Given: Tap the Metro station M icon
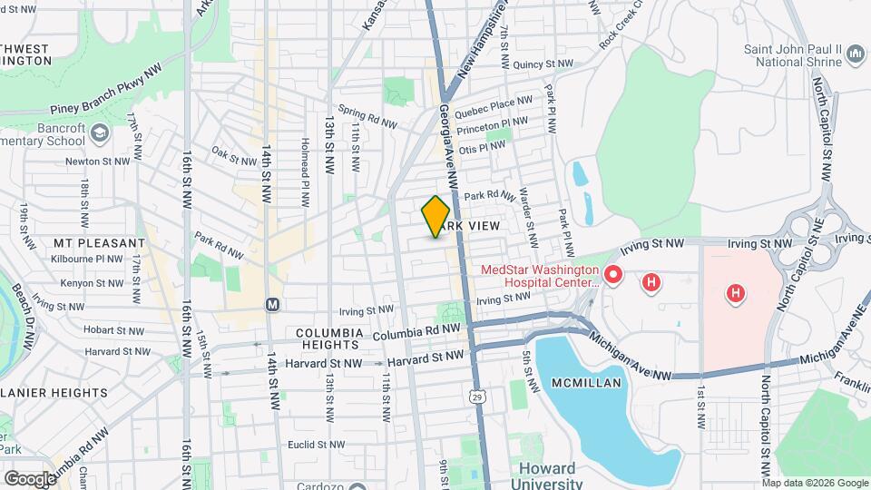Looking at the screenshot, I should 272,305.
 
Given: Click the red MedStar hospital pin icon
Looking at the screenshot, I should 612,273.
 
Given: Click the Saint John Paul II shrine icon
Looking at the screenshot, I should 856,55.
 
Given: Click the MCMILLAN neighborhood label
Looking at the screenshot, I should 586,383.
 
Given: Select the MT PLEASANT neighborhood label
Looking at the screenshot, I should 99,243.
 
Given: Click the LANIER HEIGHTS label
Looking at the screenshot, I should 54,393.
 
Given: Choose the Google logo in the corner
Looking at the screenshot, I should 29,478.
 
